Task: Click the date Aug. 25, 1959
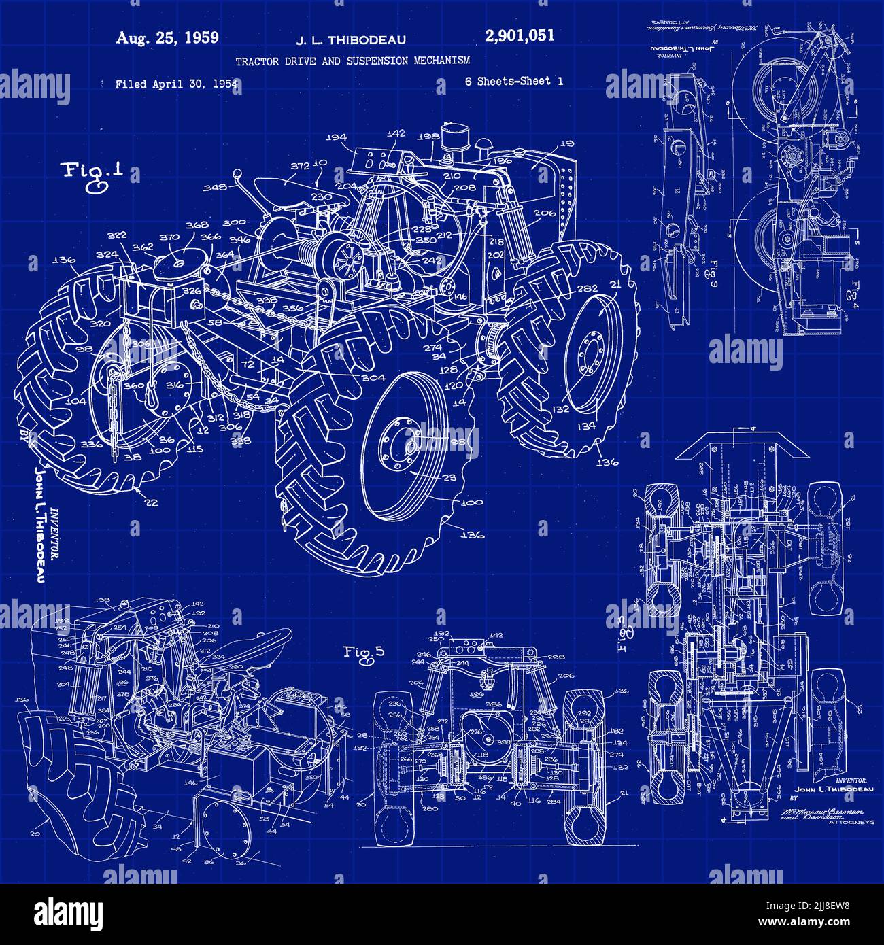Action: [167, 38]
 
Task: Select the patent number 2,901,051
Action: [520, 36]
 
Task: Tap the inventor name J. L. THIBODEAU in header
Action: [351, 40]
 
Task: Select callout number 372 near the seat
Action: [301, 166]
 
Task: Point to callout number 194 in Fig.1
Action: [336, 137]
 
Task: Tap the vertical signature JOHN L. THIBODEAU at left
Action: [39, 523]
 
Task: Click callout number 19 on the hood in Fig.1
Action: [567, 143]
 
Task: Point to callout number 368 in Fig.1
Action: [197, 226]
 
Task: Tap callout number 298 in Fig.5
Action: [556, 657]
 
